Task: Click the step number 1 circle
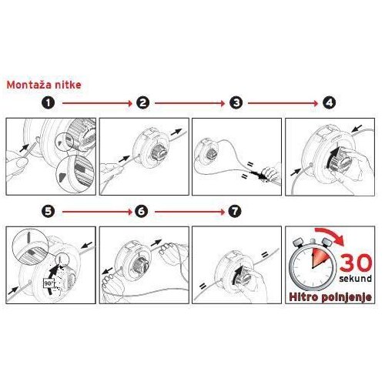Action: tap(49, 103)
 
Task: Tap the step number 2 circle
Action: tap(143, 103)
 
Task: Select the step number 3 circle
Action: tap(236, 103)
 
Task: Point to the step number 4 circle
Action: tap(329, 103)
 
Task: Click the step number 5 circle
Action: tap(49, 212)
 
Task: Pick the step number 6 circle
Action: tap(142, 212)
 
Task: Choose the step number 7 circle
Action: tap(235, 212)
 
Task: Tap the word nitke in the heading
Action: tap(68, 85)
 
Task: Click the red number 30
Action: tap(356, 263)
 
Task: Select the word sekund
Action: tap(356, 279)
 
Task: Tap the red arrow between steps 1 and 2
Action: tap(97, 103)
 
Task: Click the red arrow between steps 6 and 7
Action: tap(190, 212)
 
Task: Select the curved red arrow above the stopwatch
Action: tap(331, 234)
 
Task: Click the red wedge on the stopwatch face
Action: tap(320, 258)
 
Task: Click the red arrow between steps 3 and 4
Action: tap(283, 103)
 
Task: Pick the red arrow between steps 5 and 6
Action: tap(97, 212)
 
